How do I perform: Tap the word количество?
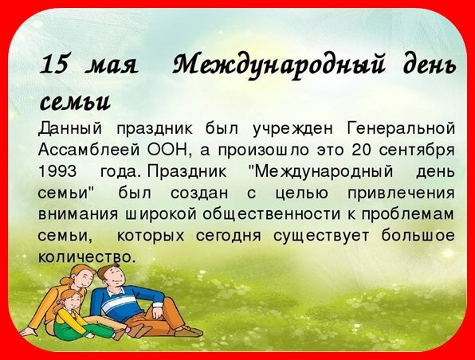point(86,257)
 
